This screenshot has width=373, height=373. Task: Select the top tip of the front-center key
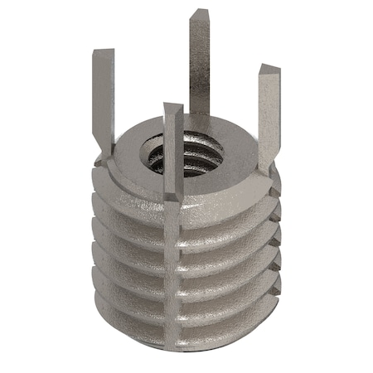coord(172,107)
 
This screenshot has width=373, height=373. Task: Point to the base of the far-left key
coord(105,149)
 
